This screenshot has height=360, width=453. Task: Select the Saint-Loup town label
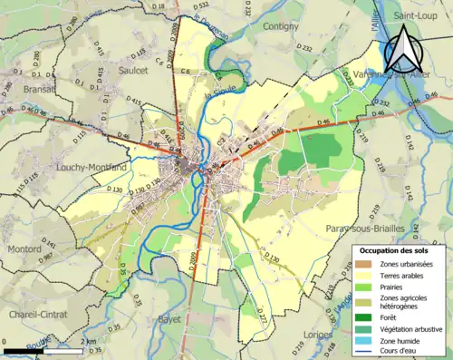tap(416, 16)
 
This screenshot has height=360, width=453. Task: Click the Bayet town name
tap(170, 319)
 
